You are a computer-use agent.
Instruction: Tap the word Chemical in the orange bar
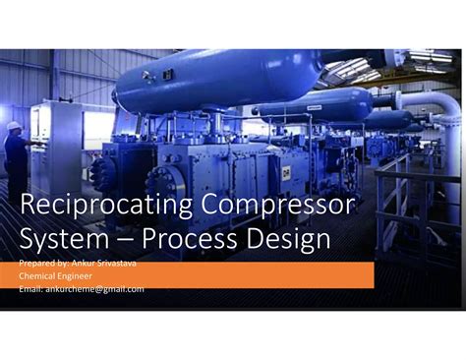coord(40,276)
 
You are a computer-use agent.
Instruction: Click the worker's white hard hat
coord(14,126)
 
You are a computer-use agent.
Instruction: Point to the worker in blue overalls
coord(17,162)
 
